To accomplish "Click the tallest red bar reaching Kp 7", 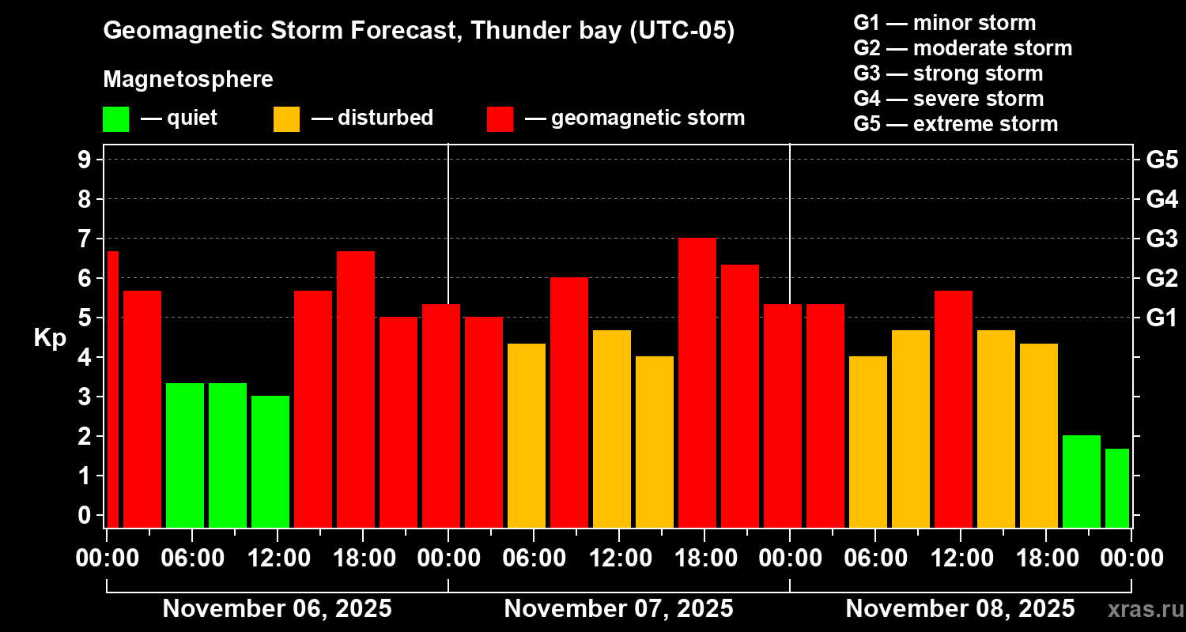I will pos(697,382).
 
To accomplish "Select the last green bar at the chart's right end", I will pos(1116,487).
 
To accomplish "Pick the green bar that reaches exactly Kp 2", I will pos(1081,481).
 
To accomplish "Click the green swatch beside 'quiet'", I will pos(115,119).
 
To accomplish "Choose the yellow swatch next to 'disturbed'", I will pos(286,119).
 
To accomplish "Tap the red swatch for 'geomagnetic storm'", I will pos(500,119).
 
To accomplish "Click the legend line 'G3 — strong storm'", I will pos(948,73).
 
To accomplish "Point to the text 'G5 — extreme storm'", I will pos(955,124).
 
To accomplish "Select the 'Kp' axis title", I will pos(50,338).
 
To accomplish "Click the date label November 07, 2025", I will pos(618,608).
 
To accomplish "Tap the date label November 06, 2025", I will pos(277,608).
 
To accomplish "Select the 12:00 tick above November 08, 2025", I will pos(959,558).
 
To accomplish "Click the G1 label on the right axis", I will pos(1161,318).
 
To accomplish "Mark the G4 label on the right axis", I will pos(1161,199).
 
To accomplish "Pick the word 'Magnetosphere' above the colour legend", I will pos(188,80).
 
